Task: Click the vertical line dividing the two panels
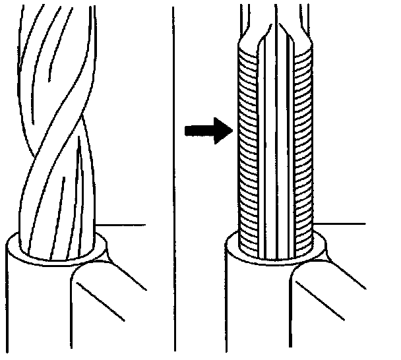[x=175, y=198]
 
